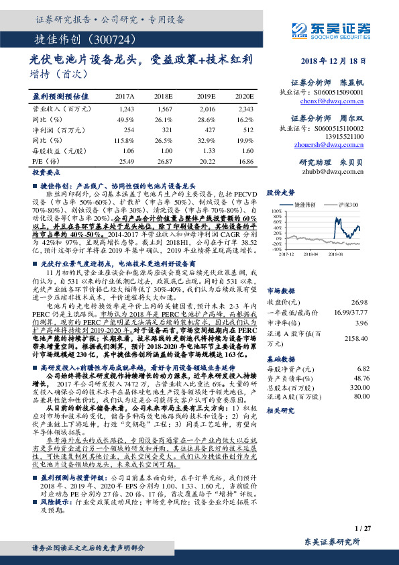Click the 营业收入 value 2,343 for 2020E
(x=245, y=108)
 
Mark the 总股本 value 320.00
(x=359, y=387)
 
